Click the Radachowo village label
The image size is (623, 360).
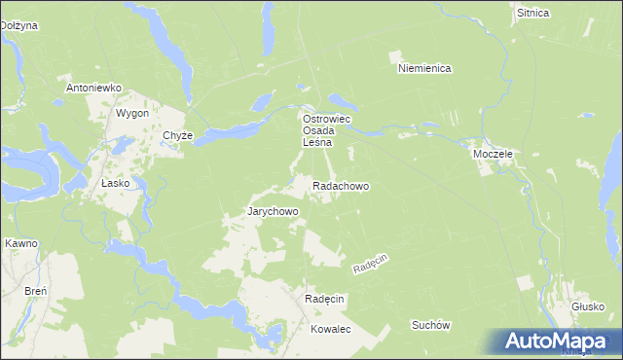click(340, 185)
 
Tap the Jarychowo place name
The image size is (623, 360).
click(273, 211)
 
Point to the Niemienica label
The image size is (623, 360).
click(424, 68)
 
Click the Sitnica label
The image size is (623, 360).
click(533, 14)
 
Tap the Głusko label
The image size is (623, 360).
click(588, 306)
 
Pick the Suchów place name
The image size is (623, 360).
click(431, 325)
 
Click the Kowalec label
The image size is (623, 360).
click(330, 330)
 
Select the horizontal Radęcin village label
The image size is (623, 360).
click(325, 299)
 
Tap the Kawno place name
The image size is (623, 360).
click(20, 243)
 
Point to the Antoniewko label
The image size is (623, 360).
click(92, 88)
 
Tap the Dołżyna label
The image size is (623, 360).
click(18, 25)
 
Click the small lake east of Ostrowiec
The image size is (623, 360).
click(343, 99)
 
